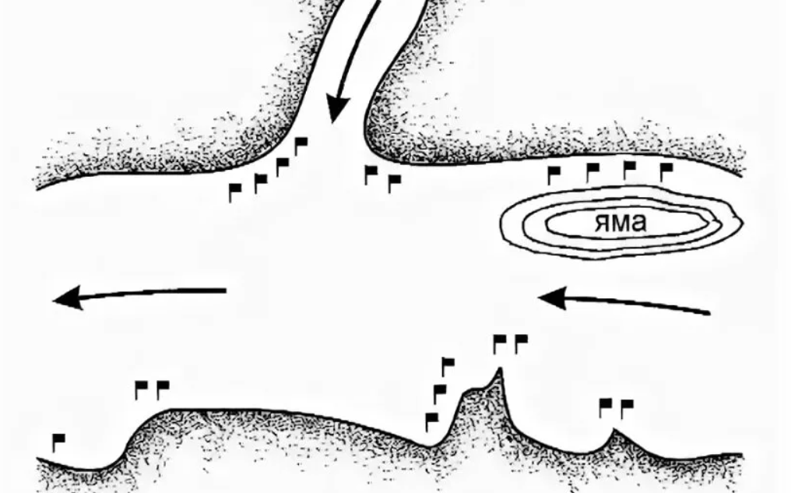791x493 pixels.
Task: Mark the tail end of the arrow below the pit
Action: click(709, 313)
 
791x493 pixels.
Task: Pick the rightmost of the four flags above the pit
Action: click(666, 171)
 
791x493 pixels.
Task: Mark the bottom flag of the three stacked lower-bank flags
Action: click(431, 421)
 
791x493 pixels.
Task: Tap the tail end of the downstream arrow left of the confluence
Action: click(226, 291)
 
